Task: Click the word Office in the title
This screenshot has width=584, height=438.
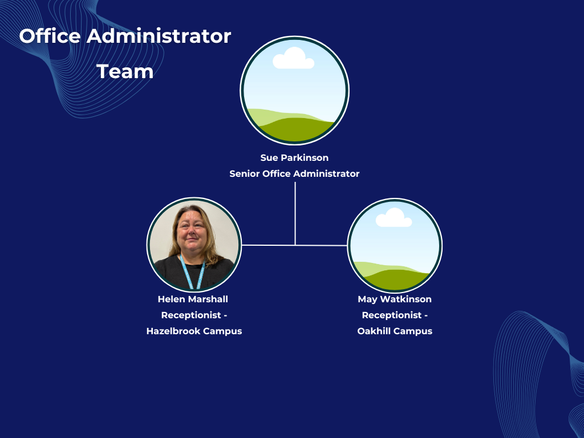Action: (50, 36)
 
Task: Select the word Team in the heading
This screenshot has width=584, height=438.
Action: (125, 71)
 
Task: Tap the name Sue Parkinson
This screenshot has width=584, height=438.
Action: (294, 157)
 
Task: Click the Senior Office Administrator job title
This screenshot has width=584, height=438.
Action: (294, 173)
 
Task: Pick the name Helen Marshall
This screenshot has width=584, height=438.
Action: (193, 299)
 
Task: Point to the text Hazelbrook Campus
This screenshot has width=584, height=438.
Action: (194, 331)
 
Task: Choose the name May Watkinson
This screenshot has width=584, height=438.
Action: (395, 299)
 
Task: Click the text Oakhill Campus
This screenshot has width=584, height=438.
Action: (395, 331)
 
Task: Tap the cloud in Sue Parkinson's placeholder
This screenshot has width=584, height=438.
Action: (294, 58)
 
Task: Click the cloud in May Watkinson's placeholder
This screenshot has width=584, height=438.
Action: (394, 218)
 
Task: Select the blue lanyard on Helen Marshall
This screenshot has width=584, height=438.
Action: (192, 272)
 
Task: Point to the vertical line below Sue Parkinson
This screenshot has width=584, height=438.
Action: (295, 213)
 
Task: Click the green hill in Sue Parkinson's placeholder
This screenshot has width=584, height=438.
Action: (296, 129)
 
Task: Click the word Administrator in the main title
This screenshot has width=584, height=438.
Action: (159, 36)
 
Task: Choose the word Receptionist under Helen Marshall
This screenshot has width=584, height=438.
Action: (191, 315)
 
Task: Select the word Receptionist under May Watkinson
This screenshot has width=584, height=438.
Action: (392, 315)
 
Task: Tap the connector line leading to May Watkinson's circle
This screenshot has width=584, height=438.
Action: (322, 245)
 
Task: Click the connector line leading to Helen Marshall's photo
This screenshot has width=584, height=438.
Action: (268, 245)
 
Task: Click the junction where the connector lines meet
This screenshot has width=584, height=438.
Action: (295, 245)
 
